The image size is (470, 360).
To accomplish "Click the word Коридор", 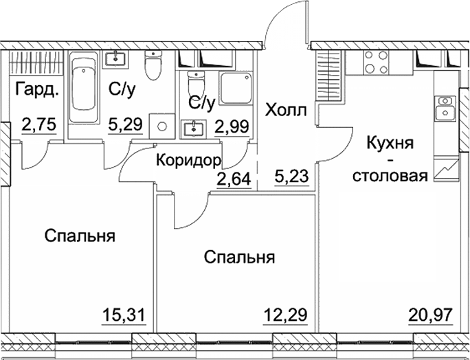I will (x=188, y=161).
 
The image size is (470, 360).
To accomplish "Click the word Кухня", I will (x=390, y=144).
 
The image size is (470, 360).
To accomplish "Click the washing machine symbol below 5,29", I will (x=162, y=127).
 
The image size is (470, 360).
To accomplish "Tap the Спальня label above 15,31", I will (x=80, y=236).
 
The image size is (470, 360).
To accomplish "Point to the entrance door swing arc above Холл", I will (x=283, y=21).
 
